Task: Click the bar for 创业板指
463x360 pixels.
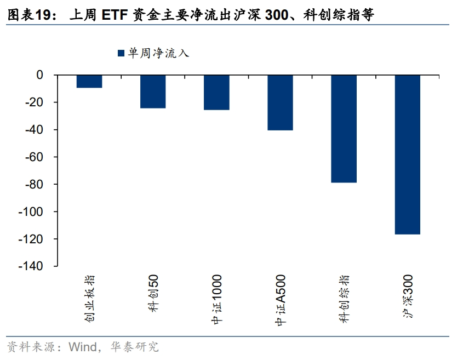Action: coord(89,81)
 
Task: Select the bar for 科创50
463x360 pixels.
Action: coord(153,92)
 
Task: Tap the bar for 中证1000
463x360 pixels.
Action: coord(216,92)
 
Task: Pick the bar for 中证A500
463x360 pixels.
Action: coord(280,102)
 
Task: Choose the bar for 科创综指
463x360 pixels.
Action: coord(344,129)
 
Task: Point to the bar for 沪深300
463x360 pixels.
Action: coord(408,155)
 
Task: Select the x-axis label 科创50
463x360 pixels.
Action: coord(153,294)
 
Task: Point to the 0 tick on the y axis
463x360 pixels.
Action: coord(39,75)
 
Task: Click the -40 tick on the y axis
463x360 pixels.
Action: coord(36,130)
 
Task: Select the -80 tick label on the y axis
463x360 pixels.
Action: coord(36,184)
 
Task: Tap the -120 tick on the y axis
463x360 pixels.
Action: coord(33,239)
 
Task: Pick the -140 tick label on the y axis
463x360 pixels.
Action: coord(33,266)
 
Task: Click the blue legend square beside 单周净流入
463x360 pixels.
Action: coord(121,53)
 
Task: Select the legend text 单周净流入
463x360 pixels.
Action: coord(158,53)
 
